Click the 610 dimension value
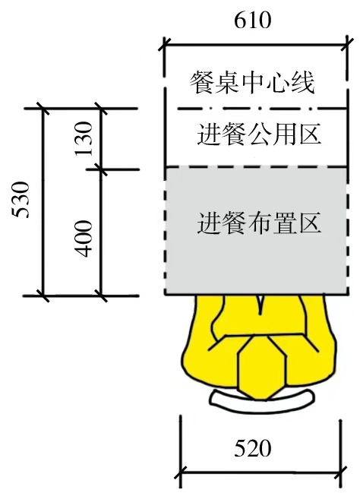click(252, 21)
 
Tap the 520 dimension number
click(252, 448)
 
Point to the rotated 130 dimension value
click(84, 139)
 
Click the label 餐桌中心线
click(252, 83)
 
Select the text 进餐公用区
click(260, 134)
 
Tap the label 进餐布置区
click(260, 223)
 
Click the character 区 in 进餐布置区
click(310, 223)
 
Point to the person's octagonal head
click(262, 368)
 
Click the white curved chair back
click(262, 400)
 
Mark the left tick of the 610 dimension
click(165, 46)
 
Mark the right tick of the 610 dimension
click(347, 46)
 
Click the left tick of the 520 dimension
click(181, 472)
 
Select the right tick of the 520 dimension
click(341, 472)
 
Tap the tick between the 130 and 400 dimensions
click(101, 169)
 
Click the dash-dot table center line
click(262, 109)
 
